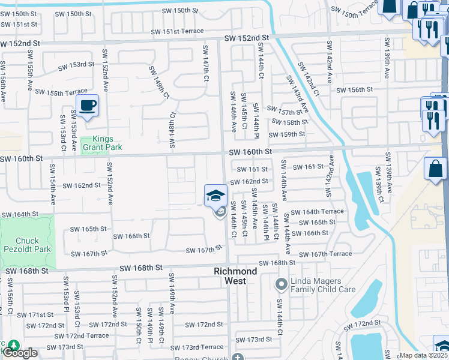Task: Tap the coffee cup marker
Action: [x=88, y=106]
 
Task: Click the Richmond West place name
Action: [x=235, y=275]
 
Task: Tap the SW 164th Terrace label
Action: [x=317, y=211]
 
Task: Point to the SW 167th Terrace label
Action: [x=324, y=254]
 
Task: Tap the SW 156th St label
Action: [x=355, y=90]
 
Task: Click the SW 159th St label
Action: [x=288, y=134]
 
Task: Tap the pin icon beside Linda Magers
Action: [x=280, y=283]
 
